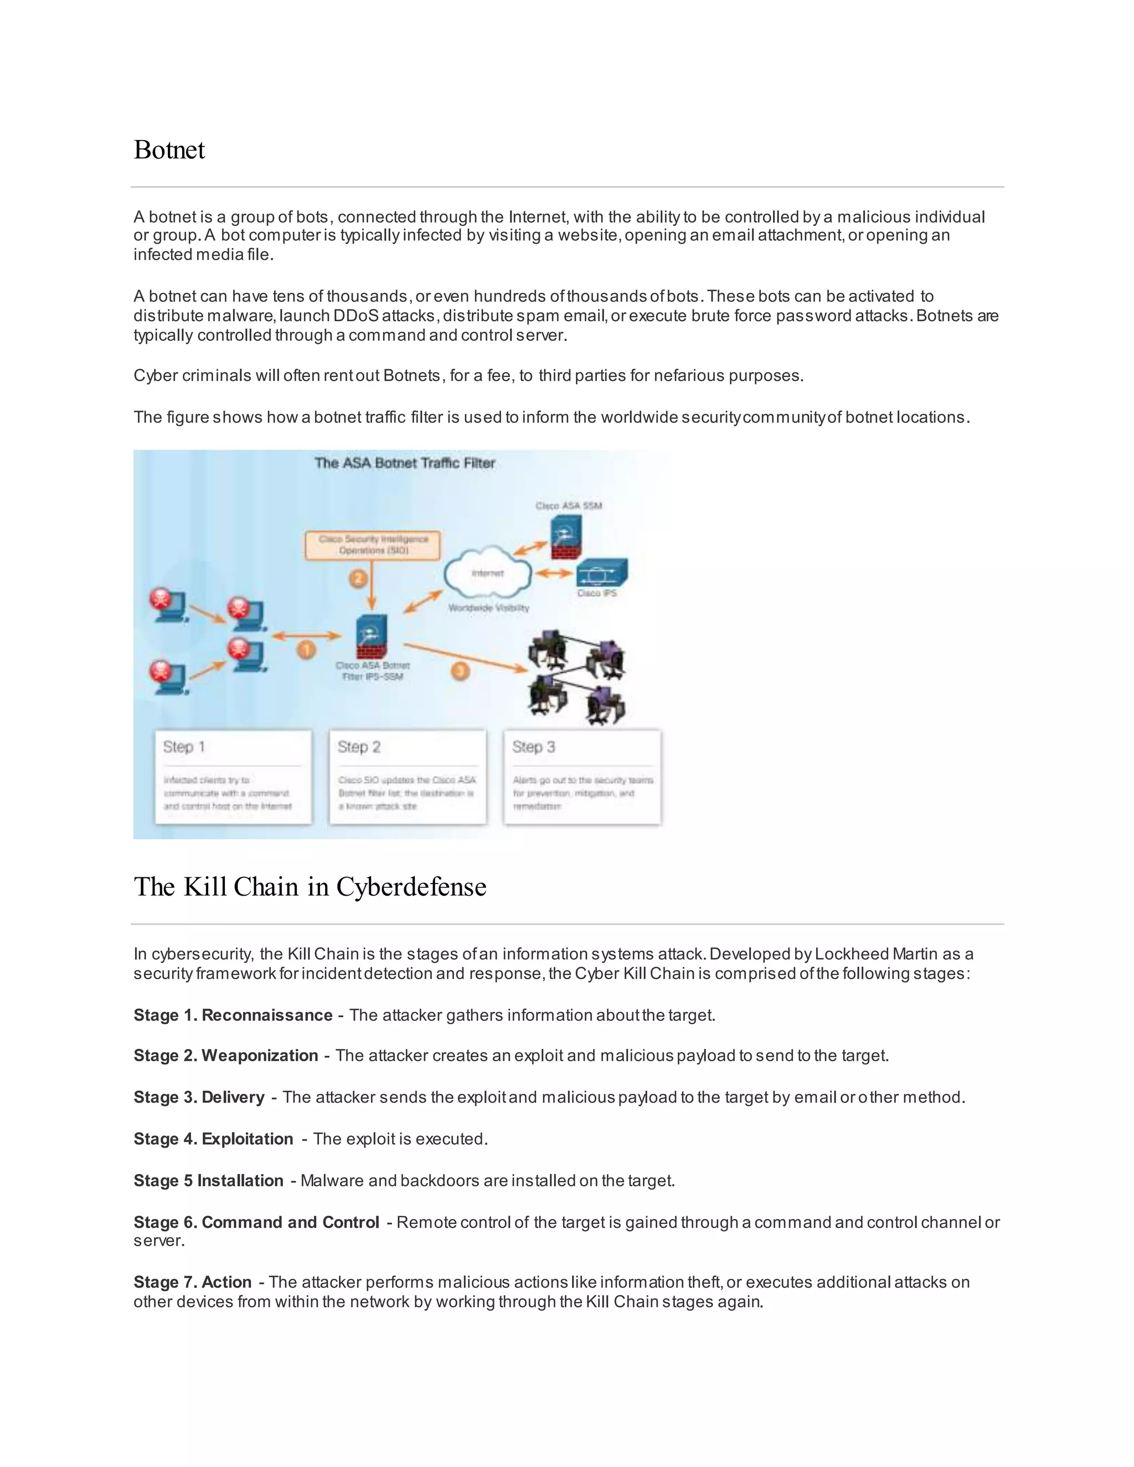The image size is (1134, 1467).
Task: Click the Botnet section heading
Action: point(169,150)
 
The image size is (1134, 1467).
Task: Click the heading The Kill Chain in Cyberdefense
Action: point(310,887)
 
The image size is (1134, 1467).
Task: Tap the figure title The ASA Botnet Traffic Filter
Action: point(404,463)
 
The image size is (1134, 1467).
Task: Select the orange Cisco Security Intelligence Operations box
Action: point(373,545)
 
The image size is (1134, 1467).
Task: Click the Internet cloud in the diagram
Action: point(488,573)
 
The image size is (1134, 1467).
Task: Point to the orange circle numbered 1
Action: point(306,649)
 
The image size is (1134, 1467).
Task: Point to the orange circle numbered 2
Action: point(358,577)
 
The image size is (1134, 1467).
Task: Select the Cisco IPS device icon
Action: point(602,573)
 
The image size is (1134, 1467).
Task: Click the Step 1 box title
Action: point(184,747)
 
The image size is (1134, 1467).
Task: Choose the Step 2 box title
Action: point(359,747)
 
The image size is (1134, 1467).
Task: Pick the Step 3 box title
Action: point(533,747)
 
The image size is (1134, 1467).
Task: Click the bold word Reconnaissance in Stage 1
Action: point(267,1015)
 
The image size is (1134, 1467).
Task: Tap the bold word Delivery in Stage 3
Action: point(233,1097)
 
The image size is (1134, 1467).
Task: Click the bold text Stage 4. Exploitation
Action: point(213,1139)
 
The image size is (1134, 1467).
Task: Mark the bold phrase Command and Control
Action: point(290,1222)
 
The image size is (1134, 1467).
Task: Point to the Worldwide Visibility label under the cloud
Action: point(488,608)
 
